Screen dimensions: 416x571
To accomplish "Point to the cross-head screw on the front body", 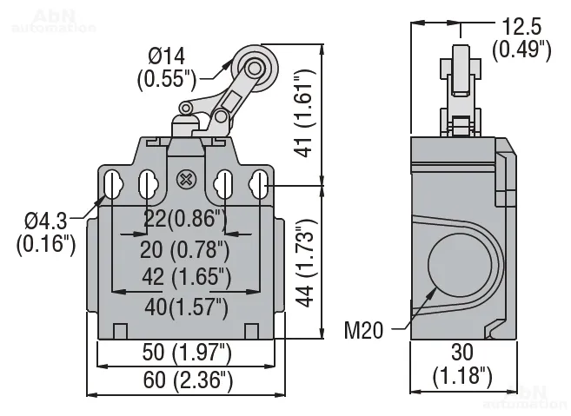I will click(x=184, y=181).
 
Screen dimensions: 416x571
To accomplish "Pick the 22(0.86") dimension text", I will click(x=184, y=220).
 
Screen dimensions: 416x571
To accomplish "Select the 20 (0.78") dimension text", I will click(x=184, y=250).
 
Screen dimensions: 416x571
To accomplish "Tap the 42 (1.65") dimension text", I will click(x=184, y=278).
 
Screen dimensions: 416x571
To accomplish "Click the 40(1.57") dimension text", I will click(x=184, y=306).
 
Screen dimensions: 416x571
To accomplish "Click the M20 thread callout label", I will click(x=365, y=330).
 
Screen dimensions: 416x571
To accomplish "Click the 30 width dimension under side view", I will click(x=461, y=353).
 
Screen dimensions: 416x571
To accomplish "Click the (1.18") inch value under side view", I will click(x=461, y=376).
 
